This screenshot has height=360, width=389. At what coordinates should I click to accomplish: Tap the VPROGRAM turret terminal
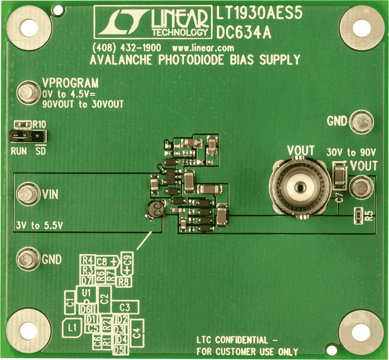(28, 92)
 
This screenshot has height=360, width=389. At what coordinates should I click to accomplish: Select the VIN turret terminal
(28, 193)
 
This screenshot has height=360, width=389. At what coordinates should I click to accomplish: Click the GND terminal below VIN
(28, 259)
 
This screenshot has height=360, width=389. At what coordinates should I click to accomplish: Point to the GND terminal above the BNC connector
(361, 122)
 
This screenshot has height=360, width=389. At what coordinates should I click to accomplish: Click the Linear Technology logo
(153, 22)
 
